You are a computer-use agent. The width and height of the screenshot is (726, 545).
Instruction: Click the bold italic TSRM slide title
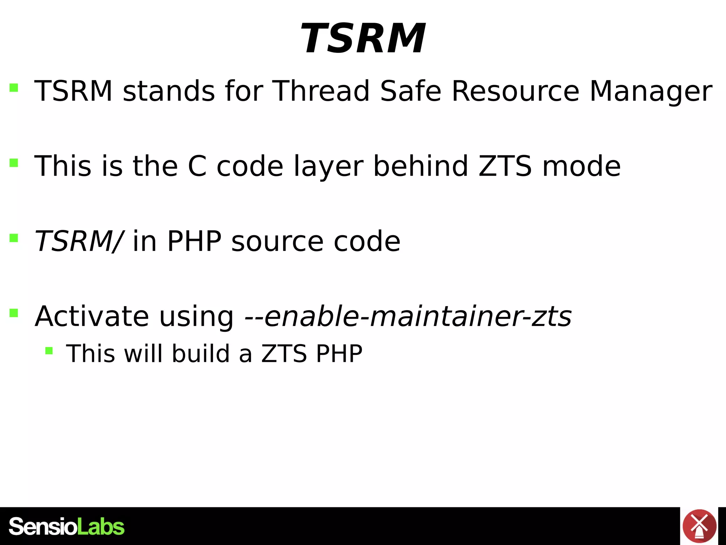tap(363, 38)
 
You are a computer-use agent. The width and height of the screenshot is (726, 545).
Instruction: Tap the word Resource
tap(515, 91)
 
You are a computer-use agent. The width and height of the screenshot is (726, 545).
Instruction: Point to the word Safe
tap(411, 91)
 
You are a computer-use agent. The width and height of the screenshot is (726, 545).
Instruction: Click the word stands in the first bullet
tap(169, 91)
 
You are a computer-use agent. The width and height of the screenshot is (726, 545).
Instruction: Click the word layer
tap(329, 167)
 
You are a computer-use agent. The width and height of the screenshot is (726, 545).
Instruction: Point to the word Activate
tap(92, 316)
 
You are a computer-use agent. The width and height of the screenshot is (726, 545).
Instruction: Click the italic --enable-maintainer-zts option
tap(408, 316)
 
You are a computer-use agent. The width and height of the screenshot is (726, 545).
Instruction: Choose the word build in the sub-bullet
tap(201, 354)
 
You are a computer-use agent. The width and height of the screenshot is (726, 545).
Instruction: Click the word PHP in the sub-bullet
tap(339, 354)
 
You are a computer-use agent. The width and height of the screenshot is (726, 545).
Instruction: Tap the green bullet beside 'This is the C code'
tap(14, 163)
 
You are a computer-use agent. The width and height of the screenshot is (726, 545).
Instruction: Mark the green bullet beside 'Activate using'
tap(14, 313)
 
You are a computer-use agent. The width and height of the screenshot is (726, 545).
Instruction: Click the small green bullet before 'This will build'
tap(49, 351)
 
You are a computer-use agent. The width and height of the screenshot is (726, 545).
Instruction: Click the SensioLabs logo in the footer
tap(67, 527)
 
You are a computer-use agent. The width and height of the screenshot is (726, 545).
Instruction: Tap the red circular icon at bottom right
tap(699, 526)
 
